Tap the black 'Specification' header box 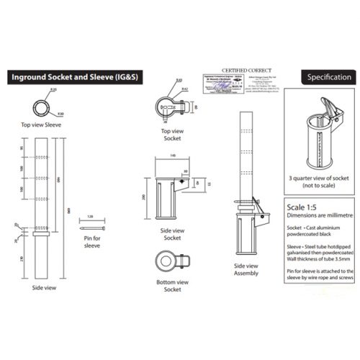[x=328, y=77]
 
